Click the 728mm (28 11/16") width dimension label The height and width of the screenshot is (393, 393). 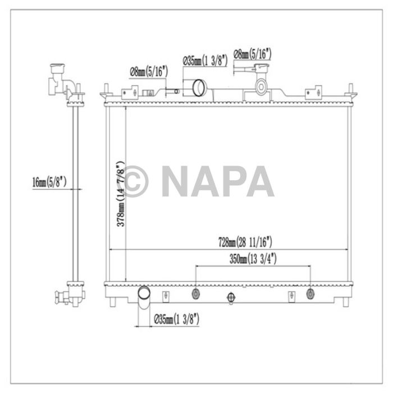(x=245, y=243)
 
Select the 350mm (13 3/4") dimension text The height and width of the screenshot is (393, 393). (x=252, y=259)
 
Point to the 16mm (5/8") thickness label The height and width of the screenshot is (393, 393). (x=49, y=181)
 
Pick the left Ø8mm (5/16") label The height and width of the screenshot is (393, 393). (x=147, y=71)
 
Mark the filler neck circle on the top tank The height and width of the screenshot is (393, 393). (x=261, y=86)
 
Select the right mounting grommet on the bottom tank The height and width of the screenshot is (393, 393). (x=310, y=294)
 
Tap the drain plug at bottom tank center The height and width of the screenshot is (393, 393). (x=229, y=297)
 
